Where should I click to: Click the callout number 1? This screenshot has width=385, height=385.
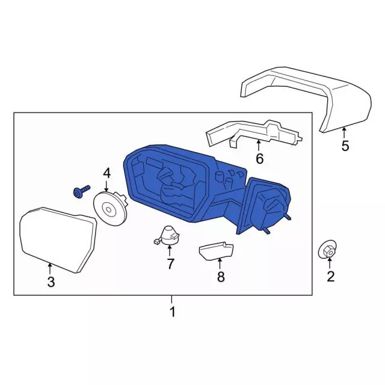pyautogui.click(x=172, y=312)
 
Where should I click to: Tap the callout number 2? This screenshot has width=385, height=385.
pyautogui.click(x=330, y=277)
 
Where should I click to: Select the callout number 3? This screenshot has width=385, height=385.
pyautogui.click(x=51, y=282)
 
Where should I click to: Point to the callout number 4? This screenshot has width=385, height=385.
pyautogui.click(x=107, y=174)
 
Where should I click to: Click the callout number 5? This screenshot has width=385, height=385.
pyautogui.click(x=345, y=145)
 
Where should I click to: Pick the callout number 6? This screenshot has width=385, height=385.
pyautogui.click(x=259, y=159)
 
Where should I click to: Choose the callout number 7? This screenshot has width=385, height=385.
pyautogui.click(x=170, y=263)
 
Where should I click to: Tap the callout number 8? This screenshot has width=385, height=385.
pyautogui.click(x=220, y=277)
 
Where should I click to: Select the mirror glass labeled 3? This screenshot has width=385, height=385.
pyautogui.click(x=57, y=238)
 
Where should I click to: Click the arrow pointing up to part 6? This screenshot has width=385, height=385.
pyautogui.click(x=259, y=146)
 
